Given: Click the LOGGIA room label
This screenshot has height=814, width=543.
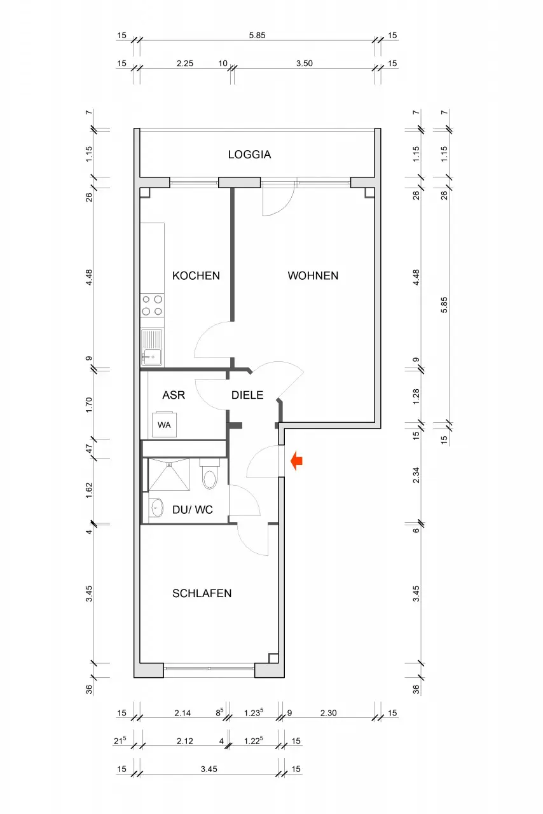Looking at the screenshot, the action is [249, 155].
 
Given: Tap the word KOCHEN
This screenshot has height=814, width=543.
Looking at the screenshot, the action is [196, 275].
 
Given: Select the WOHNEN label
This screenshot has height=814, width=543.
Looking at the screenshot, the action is [313, 275].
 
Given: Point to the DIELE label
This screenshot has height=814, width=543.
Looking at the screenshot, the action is [247, 395].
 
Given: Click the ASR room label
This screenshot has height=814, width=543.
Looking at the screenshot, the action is [174, 395].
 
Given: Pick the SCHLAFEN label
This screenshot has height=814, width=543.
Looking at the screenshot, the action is [202, 593].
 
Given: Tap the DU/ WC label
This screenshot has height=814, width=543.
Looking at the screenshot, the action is [192, 509].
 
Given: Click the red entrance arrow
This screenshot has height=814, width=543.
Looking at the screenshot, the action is [296, 461].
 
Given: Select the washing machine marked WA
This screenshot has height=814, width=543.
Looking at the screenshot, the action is [164, 424].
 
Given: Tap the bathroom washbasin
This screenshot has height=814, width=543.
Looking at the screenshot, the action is [156, 507].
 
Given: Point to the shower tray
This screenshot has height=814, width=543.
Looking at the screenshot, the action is [169, 474].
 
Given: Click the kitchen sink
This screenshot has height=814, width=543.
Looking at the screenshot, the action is [153, 347].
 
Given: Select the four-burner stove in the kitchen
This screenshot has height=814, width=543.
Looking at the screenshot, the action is [153, 305].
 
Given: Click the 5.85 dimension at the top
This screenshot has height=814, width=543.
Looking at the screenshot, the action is [257, 35].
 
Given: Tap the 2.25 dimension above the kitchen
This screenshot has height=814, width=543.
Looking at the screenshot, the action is [184, 63].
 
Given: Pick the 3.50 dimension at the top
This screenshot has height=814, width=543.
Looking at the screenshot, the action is [304, 63].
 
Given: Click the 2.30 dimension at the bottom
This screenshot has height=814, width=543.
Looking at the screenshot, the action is [328, 713].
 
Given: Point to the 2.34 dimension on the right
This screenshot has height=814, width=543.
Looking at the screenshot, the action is [416, 475].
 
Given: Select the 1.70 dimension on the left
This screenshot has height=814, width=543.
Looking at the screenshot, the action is [88, 404].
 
